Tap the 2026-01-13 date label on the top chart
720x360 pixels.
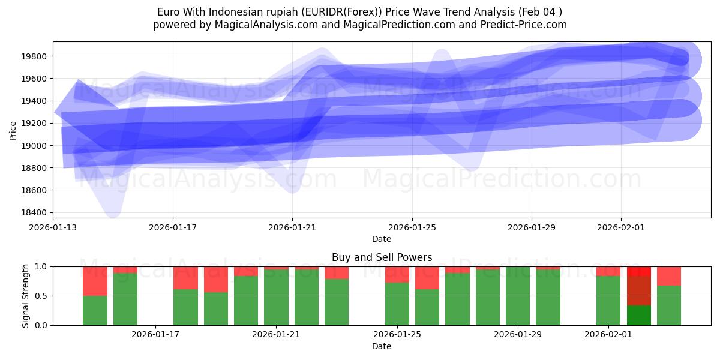tap(53, 228)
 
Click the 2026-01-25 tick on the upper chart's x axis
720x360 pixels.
tap(412, 228)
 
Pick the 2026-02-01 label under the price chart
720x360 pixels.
tap(620, 228)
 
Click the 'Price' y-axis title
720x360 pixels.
tap(13, 130)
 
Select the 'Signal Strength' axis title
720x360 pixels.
tap(25, 296)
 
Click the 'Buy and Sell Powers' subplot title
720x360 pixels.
tap(382, 257)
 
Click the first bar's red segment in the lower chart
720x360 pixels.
tap(95, 281)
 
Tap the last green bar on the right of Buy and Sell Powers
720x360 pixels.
tap(668, 305)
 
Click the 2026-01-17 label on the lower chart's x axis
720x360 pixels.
tap(155, 335)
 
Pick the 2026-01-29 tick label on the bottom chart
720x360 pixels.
tap(518, 335)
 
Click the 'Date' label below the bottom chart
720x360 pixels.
tap(382, 346)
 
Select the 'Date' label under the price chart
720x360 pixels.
tap(382, 239)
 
